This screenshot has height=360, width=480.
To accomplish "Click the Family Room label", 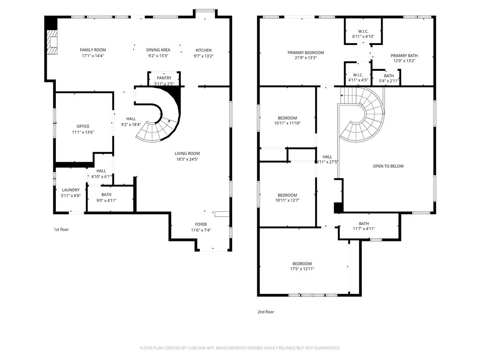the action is tap(93, 50).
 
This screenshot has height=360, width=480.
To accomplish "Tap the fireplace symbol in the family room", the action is tap(52, 42).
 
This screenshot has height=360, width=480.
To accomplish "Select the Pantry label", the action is tap(164, 78).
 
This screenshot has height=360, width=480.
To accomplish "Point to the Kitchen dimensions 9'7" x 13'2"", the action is tap(203, 56).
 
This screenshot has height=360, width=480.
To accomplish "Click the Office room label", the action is tap(83, 126).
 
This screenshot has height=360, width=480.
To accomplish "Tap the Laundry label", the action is tap(71, 190).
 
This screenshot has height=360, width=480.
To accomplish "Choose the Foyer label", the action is tap(201, 225).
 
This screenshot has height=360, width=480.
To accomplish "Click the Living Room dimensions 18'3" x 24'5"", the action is tap(187, 159).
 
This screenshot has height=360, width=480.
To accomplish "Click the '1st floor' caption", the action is tap(61, 230).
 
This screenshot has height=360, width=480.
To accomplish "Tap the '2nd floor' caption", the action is tap(266, 312).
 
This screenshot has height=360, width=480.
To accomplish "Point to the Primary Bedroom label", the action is tap(306, 52).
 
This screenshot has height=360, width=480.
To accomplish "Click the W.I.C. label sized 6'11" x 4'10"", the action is tap(363, 31).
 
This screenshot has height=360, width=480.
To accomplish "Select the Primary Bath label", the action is tap(404, 56).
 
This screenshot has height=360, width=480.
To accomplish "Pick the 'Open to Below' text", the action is tap(388, 166).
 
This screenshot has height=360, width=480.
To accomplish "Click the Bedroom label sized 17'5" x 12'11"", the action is tap(302, 264).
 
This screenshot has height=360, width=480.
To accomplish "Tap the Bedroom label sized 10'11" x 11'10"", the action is tap(287, 118).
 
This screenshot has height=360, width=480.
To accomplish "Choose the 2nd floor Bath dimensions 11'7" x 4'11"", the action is tap(364, 229).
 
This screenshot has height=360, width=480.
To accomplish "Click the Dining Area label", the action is tap(158, 50).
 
